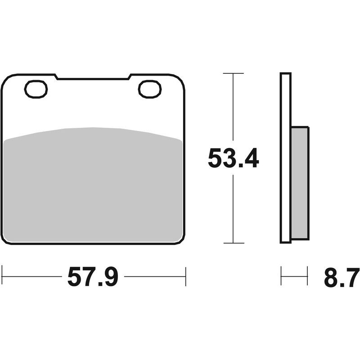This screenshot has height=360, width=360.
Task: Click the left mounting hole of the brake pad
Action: point(36,89)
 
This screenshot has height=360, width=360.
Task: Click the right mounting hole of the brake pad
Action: point(150,89)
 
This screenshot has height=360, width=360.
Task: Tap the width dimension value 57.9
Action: point(93,276)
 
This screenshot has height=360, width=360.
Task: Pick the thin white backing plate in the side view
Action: point(285,157)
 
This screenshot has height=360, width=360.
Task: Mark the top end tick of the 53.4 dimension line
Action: point(233,73)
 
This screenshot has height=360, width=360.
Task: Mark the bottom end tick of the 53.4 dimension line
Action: point(233,243)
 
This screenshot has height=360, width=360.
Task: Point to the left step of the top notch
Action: point(57,77)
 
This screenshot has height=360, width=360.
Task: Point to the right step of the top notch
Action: point(129,77)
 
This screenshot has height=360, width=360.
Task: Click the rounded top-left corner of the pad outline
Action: point(5,79)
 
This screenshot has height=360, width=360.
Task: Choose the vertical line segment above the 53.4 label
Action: point(233,108)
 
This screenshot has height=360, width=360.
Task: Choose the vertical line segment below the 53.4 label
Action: point(233,207)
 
